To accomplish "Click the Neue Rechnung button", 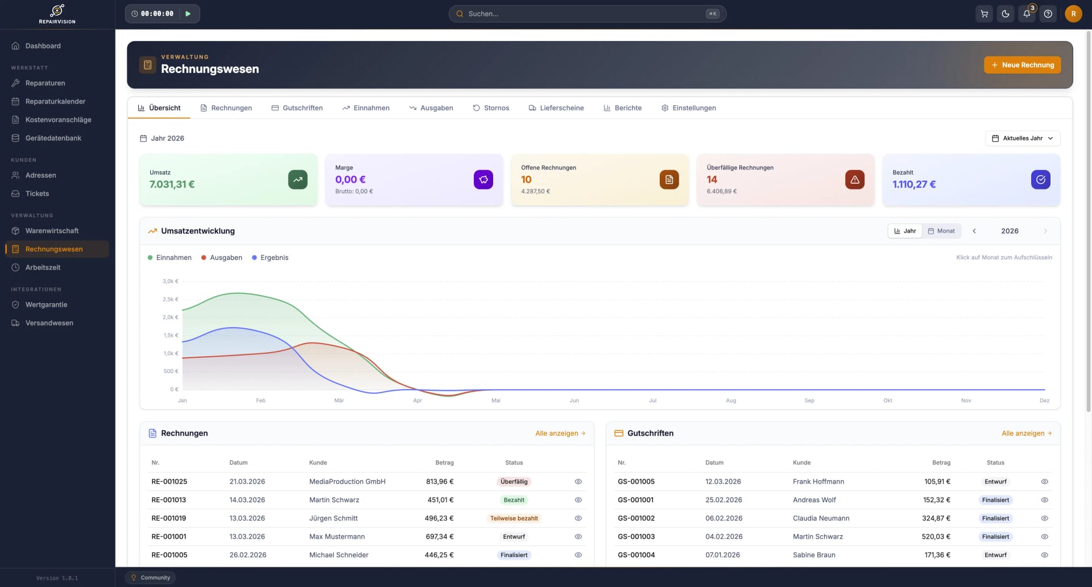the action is (x=1022, y=65).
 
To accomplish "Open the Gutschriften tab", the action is (x=297, y=108).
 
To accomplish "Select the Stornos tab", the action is (x=491, y=108).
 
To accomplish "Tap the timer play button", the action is (x=188, y=14).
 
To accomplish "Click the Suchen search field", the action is (x=587, y=14).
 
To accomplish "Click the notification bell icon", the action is (x=1027, y=14).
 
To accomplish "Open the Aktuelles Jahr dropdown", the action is (x=1023, y=138).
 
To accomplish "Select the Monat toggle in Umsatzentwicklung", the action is (x=941, y=231).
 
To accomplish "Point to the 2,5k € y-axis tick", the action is (x=171, y=299).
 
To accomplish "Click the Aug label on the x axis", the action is (x=731, y=400).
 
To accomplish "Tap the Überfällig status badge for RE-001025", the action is (x=514, y=482).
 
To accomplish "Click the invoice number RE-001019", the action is (x=169, y=518).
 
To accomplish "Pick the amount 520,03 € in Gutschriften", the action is (x=936, y=536).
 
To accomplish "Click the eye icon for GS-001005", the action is (x=1044, y=482).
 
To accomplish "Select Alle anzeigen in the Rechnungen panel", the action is (x=560, y=433).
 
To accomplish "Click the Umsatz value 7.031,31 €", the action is (x=172, y=184).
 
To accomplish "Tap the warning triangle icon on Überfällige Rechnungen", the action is (x=855, y=180).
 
